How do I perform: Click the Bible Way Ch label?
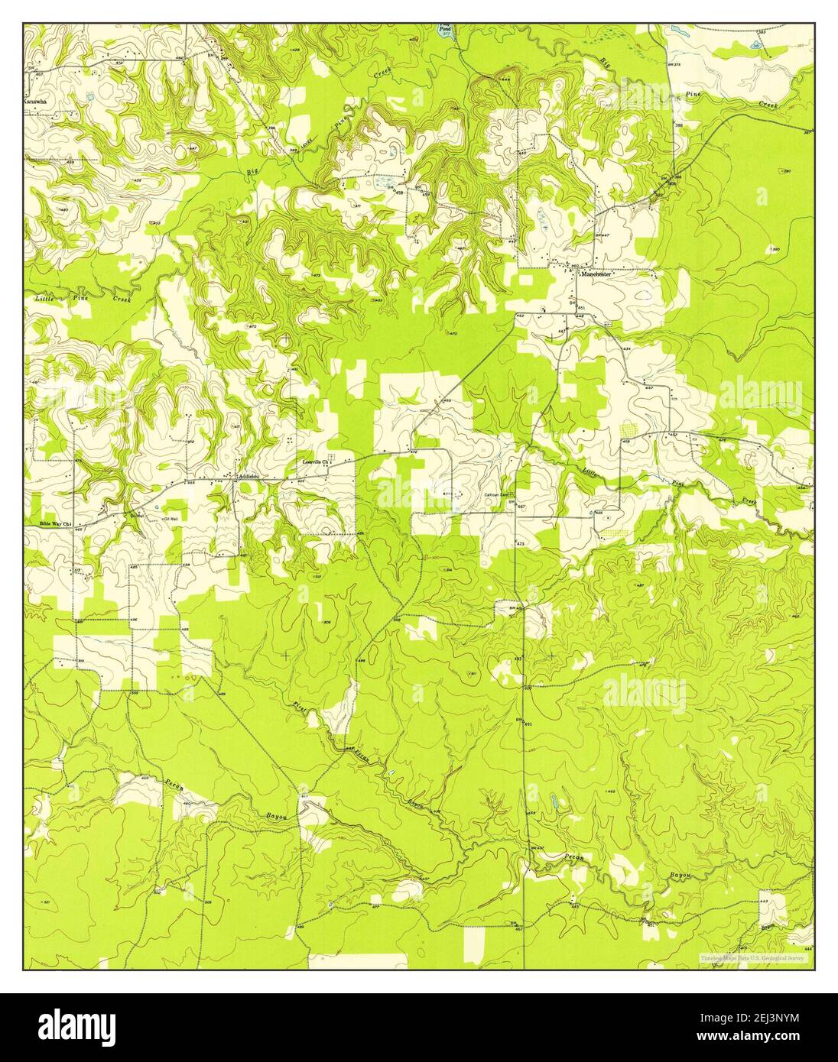pos(55,524)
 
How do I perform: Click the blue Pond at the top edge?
pos(444,30)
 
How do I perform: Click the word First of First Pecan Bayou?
pos(301,711)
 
